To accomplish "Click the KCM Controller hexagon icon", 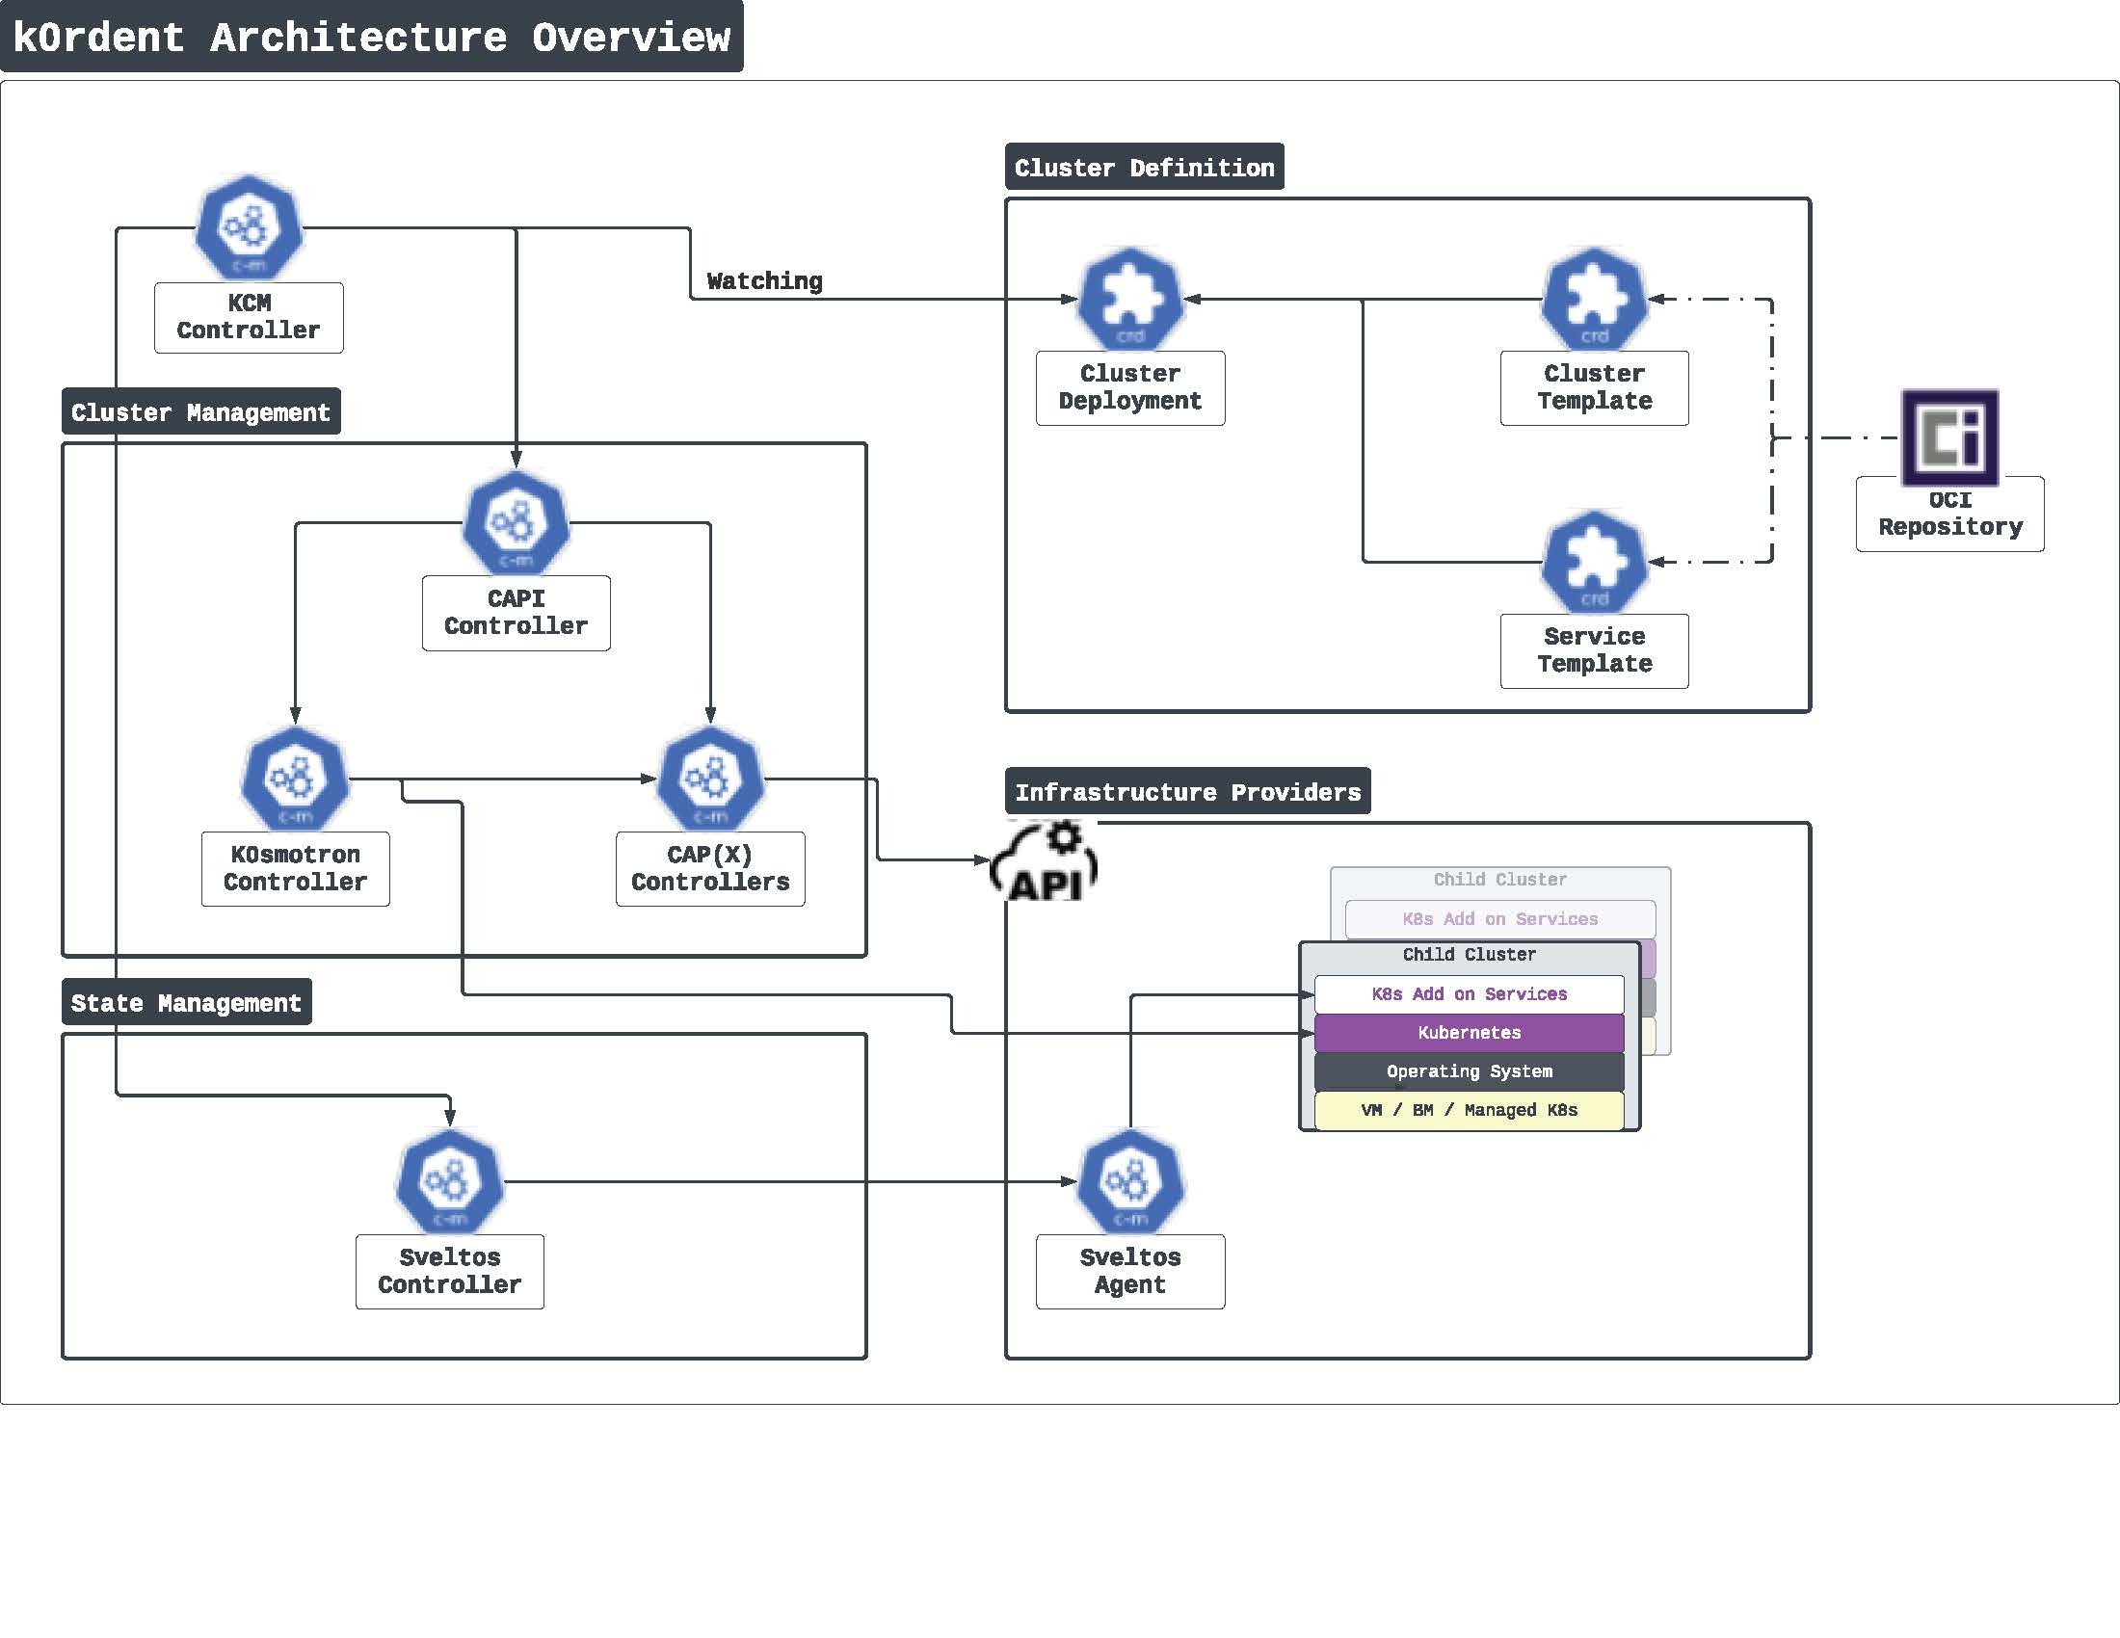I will (249, 228).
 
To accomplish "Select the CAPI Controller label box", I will (516, 612).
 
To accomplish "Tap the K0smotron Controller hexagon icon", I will (295, 779).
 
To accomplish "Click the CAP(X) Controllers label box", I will (709, 868).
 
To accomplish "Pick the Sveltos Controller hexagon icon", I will (449, 1181).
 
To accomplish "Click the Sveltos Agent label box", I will (1130, 1271).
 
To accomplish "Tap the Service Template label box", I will (1594, 650).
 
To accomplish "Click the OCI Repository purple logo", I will (1949, 437).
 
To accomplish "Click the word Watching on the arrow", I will (764, 281).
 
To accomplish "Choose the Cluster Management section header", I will (201, 411).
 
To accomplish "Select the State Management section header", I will (186, 1002).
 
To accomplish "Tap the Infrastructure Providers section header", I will (1187, 792).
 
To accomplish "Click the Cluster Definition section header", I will (1144, 167).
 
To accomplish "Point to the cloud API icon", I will (1045, 861).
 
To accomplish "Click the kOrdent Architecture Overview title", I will (371, 37).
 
